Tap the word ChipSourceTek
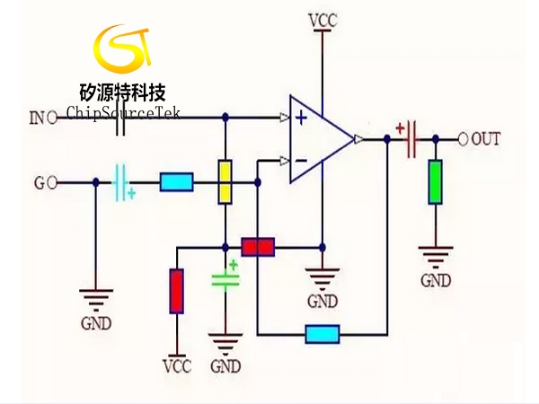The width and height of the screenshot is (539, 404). click(122, 114)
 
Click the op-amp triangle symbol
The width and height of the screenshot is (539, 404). click(320, 138)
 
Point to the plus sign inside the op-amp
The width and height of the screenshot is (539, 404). click(301, 117)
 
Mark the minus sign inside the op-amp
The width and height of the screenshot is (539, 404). click(301, 161)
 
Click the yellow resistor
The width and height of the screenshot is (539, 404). click(225, 182)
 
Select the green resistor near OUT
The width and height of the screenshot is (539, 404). click(436, 181)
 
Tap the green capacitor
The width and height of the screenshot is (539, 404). click(225, 279)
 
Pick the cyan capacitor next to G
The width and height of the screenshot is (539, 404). click(122, 182)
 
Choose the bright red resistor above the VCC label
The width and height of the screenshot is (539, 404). click(177, 290)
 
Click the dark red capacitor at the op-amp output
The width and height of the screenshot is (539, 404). click(411, 138)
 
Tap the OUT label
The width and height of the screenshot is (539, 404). click(486, 138)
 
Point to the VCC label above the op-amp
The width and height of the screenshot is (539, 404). click(323, 19)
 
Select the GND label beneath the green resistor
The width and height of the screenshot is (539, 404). click(437, 281)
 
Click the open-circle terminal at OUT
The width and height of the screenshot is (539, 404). click(464, 138)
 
